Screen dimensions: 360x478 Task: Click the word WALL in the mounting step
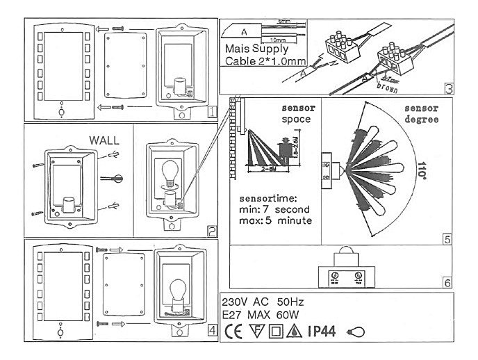click(104, 140)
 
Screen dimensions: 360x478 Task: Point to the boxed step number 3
click(448, 89)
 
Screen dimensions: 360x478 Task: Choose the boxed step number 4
click(211, 331)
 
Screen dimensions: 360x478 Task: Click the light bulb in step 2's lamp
click(170, 171)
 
